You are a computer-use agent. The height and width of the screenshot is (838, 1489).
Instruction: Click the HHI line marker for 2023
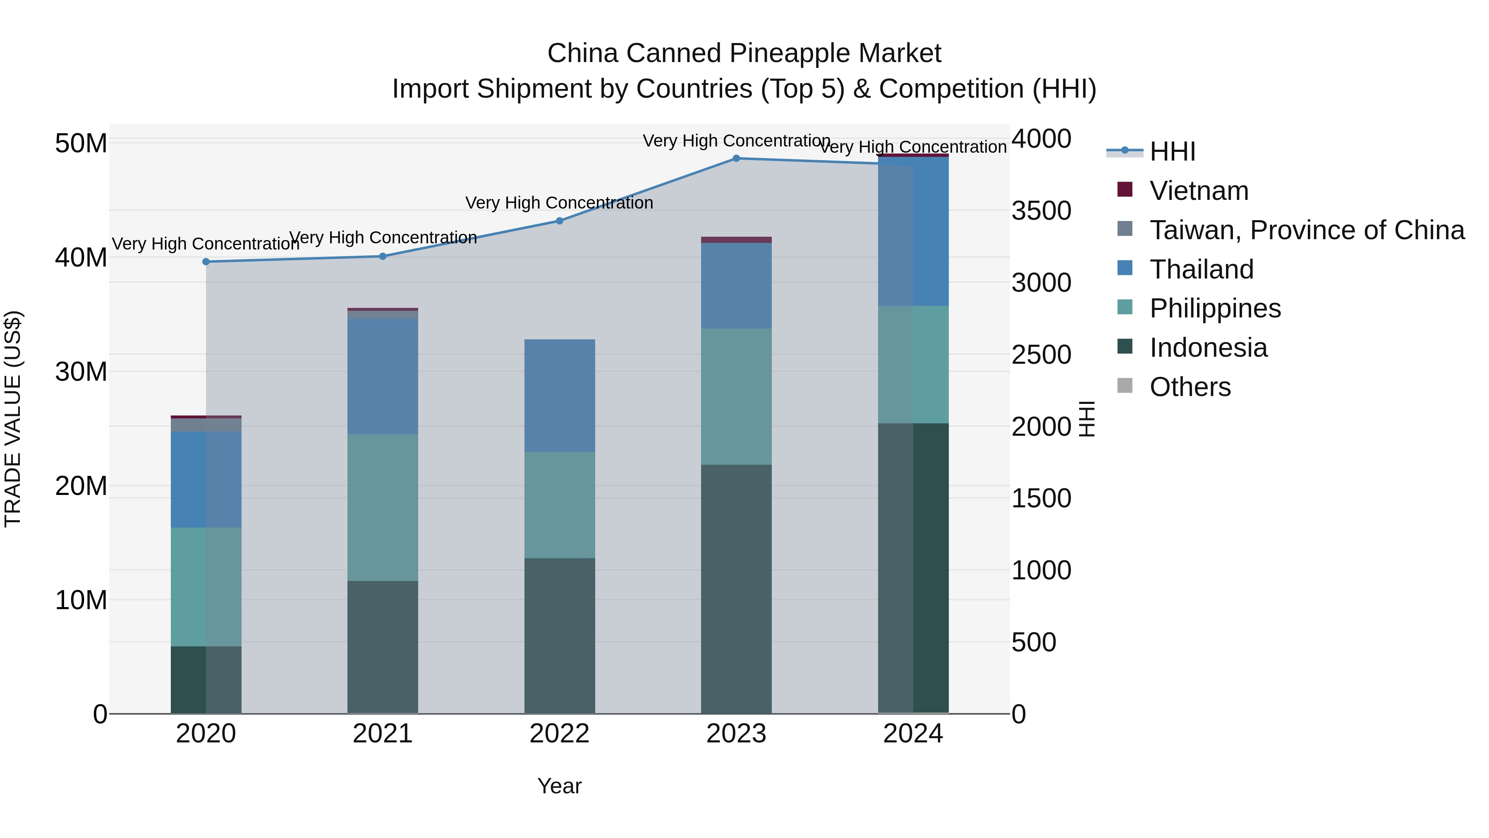(x=736, y=158)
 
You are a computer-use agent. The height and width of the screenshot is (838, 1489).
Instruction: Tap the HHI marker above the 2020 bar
(x=206, y=262)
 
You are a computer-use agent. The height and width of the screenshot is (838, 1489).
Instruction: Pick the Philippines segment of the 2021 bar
(x=382, y=507)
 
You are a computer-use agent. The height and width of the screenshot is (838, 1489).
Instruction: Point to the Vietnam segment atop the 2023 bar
(x=736, y=240)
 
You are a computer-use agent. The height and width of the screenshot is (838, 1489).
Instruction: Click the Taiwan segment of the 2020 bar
(x=206, y=425)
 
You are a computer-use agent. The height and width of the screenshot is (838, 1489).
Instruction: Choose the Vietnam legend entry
(x=1198, y=191)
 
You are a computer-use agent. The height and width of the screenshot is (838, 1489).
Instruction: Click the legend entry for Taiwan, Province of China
(x=1306, y=230)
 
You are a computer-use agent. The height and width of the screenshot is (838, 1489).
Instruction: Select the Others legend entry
(x=1190, y=387)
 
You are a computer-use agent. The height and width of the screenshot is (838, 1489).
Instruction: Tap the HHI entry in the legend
(x=1172, y=151)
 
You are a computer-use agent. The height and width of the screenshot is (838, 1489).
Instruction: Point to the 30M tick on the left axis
(x=81, y=371)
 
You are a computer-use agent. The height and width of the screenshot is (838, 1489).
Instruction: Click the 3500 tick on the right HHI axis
(x=1041, y=211)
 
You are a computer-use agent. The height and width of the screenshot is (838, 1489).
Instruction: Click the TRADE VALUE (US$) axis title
(x=13, y=419)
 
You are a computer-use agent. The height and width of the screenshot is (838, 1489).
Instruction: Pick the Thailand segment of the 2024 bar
(x=913, y=231)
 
